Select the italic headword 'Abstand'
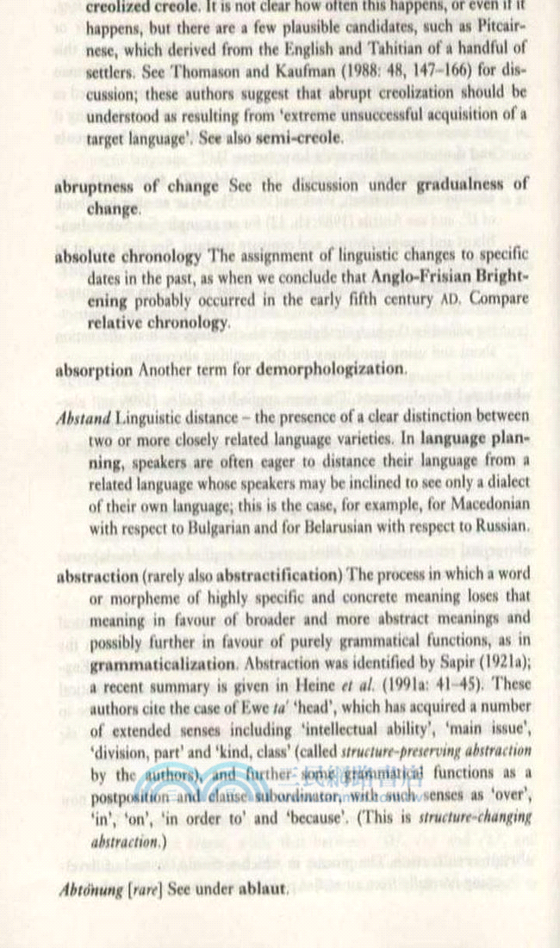83,418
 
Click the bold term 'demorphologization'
335,369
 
